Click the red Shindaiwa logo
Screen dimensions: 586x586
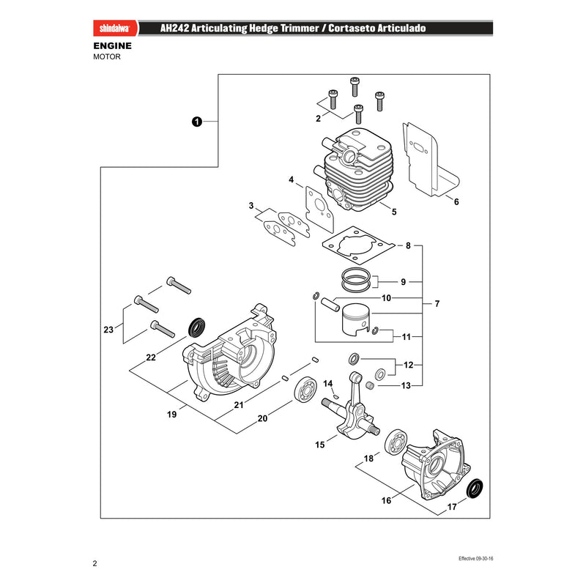click(x=115, y=29)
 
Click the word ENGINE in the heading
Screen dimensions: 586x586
click(x=113, y=46)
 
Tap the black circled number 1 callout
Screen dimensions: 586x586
click(x=197, y=122)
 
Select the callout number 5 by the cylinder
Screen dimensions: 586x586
click(x=394, y=212)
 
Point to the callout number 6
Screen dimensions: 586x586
click(x=456, y=202)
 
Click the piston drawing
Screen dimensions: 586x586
click(x=356, y=319)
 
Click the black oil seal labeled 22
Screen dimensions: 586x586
click(x=196, y=327)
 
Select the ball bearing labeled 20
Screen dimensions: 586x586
click(x=305, y=390)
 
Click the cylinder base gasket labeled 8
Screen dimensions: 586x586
click(x=358, y=245)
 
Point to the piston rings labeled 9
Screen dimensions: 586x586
click(x=356, y=280)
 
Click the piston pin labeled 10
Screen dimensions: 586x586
click(x=330, y=304)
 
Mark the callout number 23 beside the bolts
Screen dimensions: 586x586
click(x=108, y=330)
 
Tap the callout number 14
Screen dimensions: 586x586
click(x=327, y=384)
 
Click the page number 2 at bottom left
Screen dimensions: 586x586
click(x=95, y=563)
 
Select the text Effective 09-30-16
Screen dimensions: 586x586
click(x=475, y=558)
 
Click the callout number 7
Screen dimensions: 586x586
click(x=437, y=304)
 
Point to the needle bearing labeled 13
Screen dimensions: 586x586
click(x=370, y=385)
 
